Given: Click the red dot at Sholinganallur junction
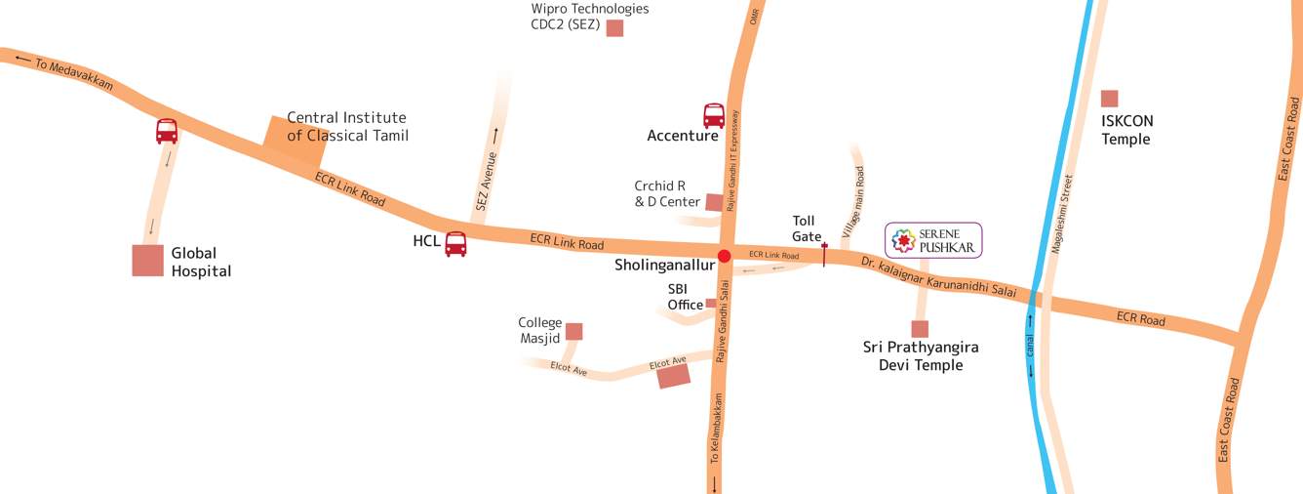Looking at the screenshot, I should (724, 257).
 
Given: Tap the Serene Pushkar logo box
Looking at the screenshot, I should (933, 240).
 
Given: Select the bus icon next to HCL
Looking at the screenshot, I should (455, 244).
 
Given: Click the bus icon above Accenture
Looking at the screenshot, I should (714, 116).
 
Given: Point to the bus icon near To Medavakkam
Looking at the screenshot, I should (167, 131).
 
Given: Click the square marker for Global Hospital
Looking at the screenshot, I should (148, 261).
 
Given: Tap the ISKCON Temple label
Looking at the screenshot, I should (1127, 130).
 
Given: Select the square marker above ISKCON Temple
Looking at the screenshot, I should (1109, 98).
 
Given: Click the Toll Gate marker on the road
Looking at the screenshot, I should (824, 255).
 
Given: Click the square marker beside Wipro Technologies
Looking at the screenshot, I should (614, 28).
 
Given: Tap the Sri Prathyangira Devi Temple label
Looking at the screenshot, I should (921, 355).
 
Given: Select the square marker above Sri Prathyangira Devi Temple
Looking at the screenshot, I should (920, 329).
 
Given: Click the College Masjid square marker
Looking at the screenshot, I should (573, 331).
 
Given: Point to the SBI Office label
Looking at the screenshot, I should (685, 297).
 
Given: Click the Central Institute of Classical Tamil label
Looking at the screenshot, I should (347, 126).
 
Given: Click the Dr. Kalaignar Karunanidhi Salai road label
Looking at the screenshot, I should (939, 277).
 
